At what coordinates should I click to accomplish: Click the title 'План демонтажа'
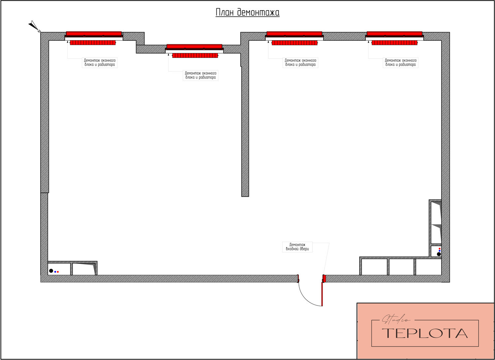click(x=247, y=12)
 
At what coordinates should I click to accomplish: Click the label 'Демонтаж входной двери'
click(x=297, y=247)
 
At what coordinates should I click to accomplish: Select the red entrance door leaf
click(x=322, y=294)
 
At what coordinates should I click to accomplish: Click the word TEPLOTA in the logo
click(x=425, y=333)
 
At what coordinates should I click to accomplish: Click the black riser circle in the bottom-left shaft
click(x=51, y=271)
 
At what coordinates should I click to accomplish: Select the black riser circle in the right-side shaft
click(x=439, y=254)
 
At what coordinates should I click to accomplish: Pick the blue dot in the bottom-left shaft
click(x=55, y=272)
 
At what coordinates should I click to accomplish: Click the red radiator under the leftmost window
click(x=93, y=43)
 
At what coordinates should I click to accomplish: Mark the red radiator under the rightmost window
click(x=395, y=43)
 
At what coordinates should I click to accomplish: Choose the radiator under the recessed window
click(x=195, y=55)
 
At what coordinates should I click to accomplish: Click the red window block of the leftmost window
click(x=94, y=34)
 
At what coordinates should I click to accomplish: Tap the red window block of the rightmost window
click(x=394, y=34)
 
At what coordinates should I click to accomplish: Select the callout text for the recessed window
click(x=200, y=75)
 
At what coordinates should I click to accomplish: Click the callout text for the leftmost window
click(x=100, y=62)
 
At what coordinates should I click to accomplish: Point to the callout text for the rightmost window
click(x=401, y=62)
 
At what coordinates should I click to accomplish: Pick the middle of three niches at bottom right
click(x=401, y=267)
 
